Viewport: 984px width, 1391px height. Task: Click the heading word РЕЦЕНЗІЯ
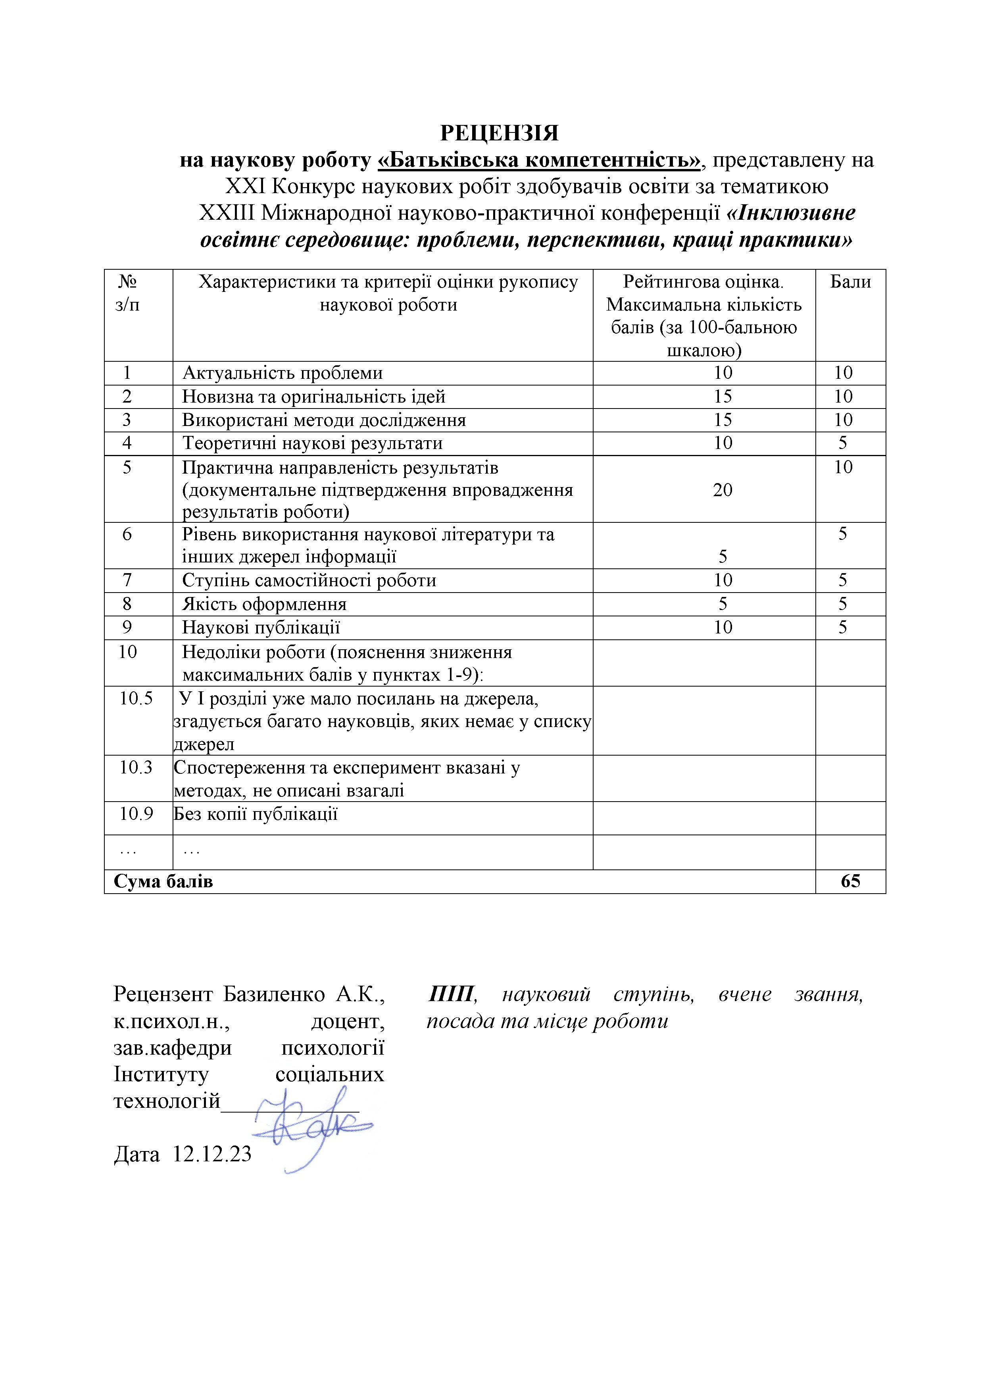[499, 133]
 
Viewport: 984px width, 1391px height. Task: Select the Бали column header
[850, 282]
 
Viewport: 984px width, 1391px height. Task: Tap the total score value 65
[850, 881]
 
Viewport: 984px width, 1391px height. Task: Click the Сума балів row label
[163, 881]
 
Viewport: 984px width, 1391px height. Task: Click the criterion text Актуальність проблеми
[283, 373]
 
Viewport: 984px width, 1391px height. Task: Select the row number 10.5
[136, 698]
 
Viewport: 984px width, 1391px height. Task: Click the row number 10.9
[136, 813]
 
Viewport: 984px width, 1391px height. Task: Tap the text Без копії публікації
[256, 813]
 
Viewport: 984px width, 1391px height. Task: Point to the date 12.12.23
[212, 1154]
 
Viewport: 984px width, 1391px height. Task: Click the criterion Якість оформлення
[265, 604]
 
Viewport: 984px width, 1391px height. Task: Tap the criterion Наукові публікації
[261, 627]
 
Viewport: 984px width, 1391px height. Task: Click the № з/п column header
[127, 293]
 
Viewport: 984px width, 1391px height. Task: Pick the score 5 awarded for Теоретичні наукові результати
[843, 443]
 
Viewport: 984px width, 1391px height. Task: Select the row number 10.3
[136, 767]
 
